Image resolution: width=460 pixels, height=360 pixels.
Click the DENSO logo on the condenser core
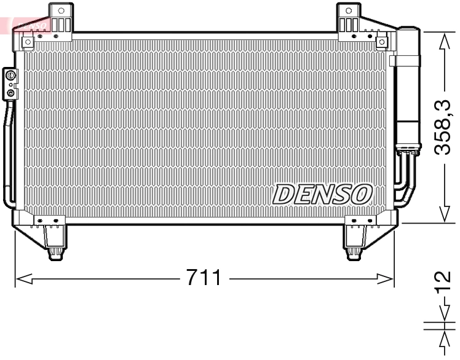[322, 194]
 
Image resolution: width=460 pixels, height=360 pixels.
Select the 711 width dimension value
[204, 278]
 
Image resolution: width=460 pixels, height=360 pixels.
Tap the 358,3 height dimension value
[445, 128]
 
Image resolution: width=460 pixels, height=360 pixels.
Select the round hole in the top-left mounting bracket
[60, 10]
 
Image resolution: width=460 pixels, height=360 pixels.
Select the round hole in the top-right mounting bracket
[349, 10]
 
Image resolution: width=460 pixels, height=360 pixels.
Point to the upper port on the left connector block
[10, 76]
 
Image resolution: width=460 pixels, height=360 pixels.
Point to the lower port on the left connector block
[10, 93]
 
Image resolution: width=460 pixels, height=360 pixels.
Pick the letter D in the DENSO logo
[284, 194]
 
